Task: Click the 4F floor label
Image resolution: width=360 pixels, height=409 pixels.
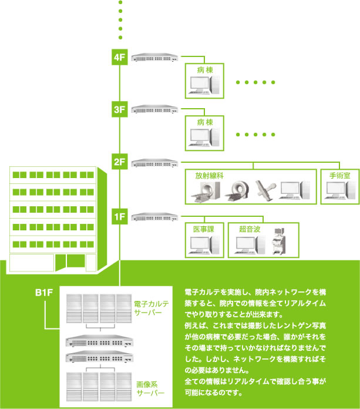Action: coord(120,57)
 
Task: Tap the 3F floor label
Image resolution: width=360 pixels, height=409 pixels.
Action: coord(120,109)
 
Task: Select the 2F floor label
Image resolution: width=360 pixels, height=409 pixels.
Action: coord(120,162)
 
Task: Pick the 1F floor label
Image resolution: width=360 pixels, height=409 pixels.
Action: coord(120,216)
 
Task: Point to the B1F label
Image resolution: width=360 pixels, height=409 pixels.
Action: coord(44,293)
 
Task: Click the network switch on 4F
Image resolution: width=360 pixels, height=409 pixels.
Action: coord(154,58)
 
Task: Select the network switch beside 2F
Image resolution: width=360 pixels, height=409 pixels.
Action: coord(154,163)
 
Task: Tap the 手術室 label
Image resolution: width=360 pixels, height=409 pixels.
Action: coord(339,176)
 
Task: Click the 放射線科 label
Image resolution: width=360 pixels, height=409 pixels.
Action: coord(209,176)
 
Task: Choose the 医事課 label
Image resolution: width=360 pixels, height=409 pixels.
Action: coord(204,229)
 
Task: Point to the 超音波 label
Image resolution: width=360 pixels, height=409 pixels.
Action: coord(250,229)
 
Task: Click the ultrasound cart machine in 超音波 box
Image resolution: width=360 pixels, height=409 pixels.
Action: coord(278,241)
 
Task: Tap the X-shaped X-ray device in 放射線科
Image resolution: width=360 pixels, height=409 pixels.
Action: coord(265,190)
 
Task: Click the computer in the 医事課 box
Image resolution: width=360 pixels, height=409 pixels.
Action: coord(204,244)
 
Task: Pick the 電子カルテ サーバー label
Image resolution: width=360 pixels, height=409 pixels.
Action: coord(151,308)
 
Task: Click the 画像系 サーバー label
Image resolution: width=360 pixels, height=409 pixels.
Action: coord(150,388)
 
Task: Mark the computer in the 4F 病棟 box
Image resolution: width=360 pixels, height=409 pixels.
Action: coord(204,85)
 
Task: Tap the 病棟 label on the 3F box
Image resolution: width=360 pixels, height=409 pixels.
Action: coord(205,122)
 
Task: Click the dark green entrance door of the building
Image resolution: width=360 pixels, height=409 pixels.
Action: coord(76,260)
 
